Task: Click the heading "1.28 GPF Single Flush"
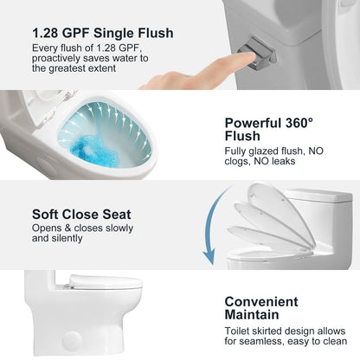coord(103,33)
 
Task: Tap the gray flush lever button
coord(256,54)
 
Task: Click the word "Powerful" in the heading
coord(253,123)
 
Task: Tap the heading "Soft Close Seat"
coord(81,215)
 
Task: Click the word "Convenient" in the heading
coord(261,302)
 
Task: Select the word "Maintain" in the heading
coord(252,315)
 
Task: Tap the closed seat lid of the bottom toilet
coord(106,281)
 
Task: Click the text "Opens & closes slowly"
coord(82,228)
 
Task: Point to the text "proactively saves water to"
coord(90,58)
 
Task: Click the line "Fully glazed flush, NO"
coord(274,151)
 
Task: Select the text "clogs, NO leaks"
coord(260,161)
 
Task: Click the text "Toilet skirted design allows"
coord(285,331)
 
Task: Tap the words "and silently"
coord(57,238)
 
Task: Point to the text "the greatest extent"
coord(74,68)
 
